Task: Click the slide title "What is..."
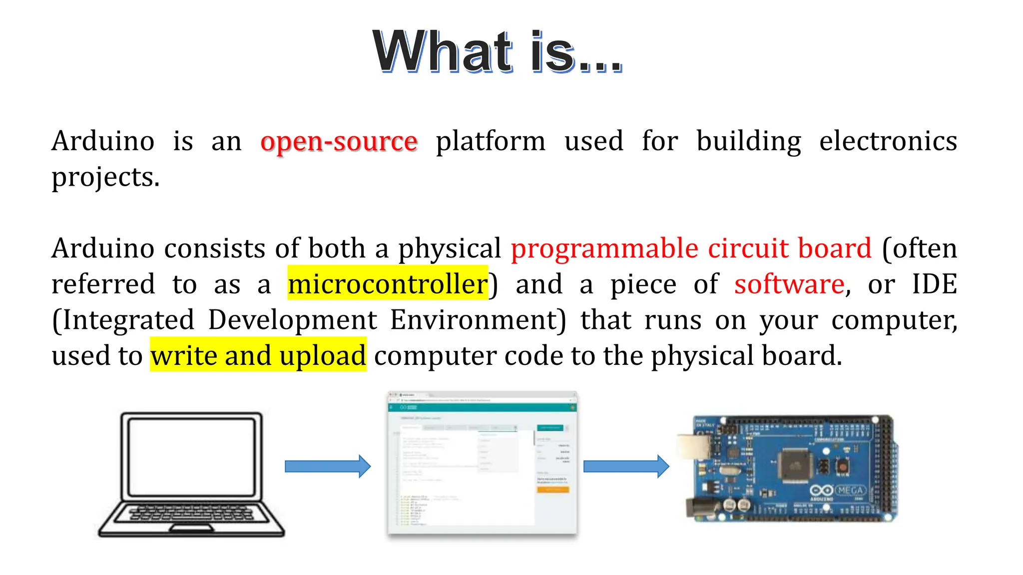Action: click(x=498, y=52)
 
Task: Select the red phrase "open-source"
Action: click(x=339, y=141)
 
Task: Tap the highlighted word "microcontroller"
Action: click(x=388, y=284)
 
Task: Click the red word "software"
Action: click(x=789, y=284)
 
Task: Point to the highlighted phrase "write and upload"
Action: click(x=258, y=355)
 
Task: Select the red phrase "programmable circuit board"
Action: click(x=691, y=248)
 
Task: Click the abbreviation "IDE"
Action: click(x=934, y=284)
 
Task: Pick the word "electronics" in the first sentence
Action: click(x=888, y=141)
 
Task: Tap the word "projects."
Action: click(x=105, y=177)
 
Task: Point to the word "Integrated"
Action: click(x=128, y=320)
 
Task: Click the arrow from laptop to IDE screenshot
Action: click(x=327, y=466)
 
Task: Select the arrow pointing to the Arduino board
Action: click(x=626, y=466)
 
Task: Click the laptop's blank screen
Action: click(x=191, y=456)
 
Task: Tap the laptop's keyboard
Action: click(x=191, y=513)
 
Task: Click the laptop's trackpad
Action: click(x=191, y=528)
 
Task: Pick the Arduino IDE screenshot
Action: click(x=482, y=464)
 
